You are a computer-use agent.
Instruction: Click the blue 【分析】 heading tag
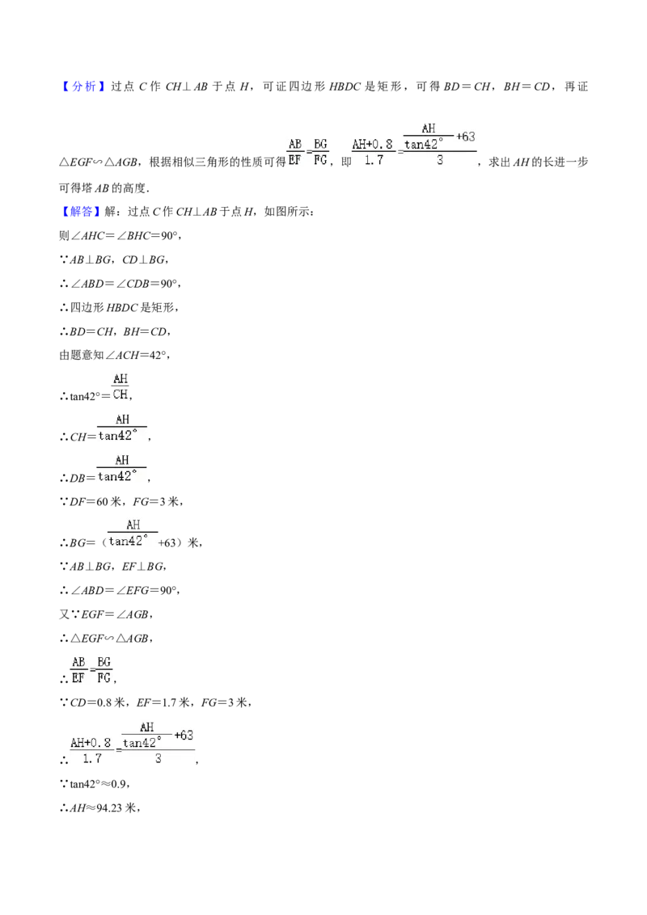[83, 86]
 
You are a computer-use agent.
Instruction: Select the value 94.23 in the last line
[109, 808]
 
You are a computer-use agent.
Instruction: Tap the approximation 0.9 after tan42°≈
[119, 784]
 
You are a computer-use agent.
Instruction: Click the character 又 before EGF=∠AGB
[64, 614]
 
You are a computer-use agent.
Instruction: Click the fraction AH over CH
[121, 387]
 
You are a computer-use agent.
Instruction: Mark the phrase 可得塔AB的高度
[103, 188]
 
